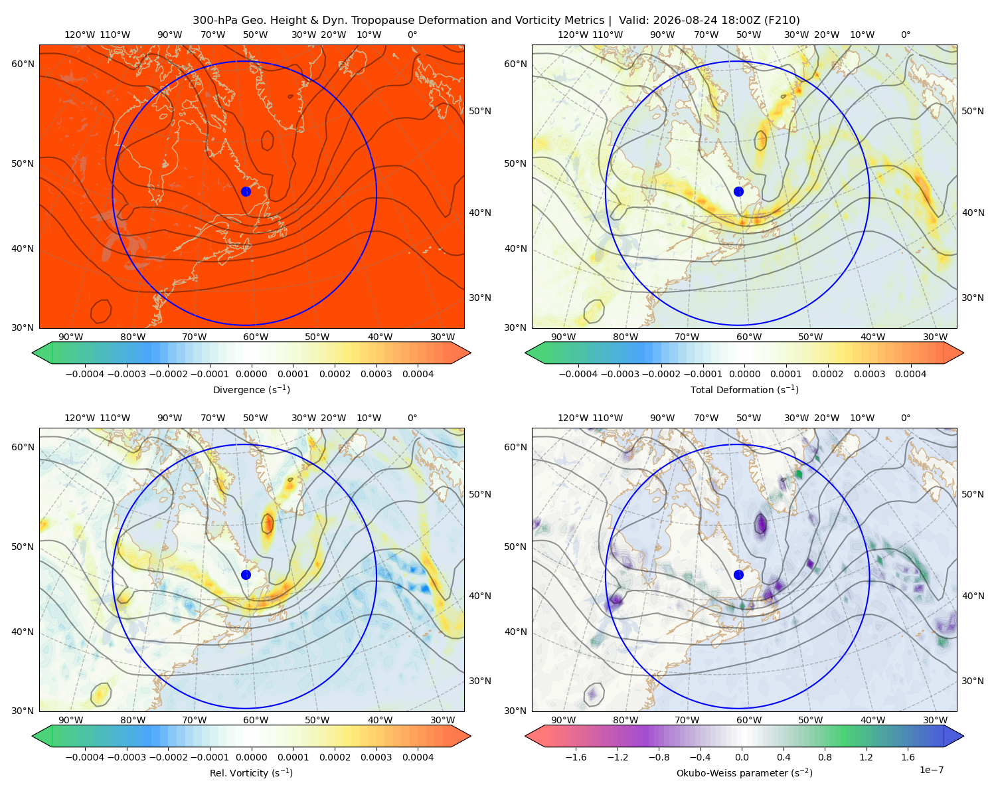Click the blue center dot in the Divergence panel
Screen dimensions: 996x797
(x=246, y=191)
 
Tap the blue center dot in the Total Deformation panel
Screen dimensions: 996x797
(x=738, y=191)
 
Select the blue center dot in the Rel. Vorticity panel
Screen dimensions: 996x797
(x=246, y=575)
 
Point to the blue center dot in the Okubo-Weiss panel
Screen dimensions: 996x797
(x=738, y=575)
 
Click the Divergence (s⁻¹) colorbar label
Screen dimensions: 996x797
(x=251, y=389)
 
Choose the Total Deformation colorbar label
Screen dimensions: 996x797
(x=744, y=389)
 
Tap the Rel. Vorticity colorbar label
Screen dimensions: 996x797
(x=251, y=773)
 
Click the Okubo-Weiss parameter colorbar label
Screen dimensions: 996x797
(x=744, y=773)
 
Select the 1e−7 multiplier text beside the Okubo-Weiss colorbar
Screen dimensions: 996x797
(x=931, y=770)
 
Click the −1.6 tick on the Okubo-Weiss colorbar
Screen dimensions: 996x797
(x=576, y=757)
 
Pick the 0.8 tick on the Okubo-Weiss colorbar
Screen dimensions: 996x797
(x=825, y=757)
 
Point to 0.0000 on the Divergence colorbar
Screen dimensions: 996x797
(x=251, y=374)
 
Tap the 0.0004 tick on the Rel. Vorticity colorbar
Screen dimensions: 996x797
(x=418, y=757)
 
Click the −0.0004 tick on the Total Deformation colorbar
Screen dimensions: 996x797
(x=578, y=374)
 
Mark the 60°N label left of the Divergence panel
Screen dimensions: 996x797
(x=23, y=64)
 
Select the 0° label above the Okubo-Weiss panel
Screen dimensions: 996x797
(x=905, y=418)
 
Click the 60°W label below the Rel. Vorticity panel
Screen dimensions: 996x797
(x=256, y=720)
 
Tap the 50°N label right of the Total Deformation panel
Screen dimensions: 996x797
(x=972, y=111)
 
